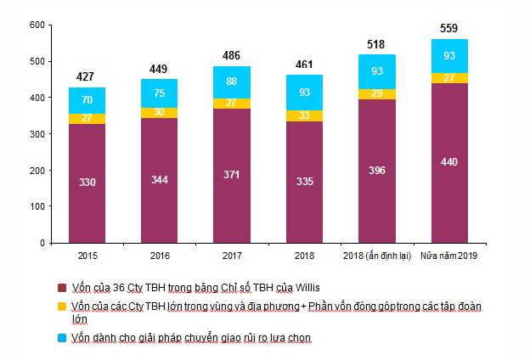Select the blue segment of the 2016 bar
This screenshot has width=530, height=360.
(x=160, y=93)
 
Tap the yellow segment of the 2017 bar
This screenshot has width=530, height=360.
(x=232, y=103)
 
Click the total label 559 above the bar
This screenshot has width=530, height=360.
(x=448, y=28)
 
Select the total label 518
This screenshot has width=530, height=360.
(x=376, y=43)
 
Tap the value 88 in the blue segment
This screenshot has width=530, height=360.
(x=232, y=82)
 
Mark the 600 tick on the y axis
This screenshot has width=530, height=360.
(x=36, y=25)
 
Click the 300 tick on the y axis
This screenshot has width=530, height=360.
(x=36, y=134)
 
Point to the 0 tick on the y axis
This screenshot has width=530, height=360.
(x=41, y=243)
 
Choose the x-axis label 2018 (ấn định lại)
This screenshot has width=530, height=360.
(x=376, y=257)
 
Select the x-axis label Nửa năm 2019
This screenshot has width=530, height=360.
(x=448, y=257)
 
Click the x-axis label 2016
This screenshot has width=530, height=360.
(x=160, y=257)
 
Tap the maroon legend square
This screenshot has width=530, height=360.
(x=62, y=286)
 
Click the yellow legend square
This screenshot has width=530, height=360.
(x=62, y=306)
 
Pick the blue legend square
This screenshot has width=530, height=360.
(x=62, y=338)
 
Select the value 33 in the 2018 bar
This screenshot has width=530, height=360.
(x=304, y=115)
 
